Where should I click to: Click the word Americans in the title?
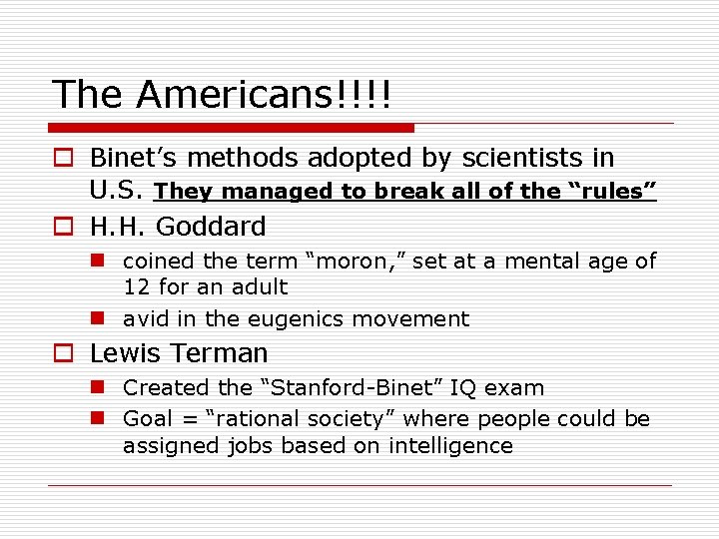263,95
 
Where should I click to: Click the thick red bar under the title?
232,128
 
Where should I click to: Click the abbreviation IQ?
470,387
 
